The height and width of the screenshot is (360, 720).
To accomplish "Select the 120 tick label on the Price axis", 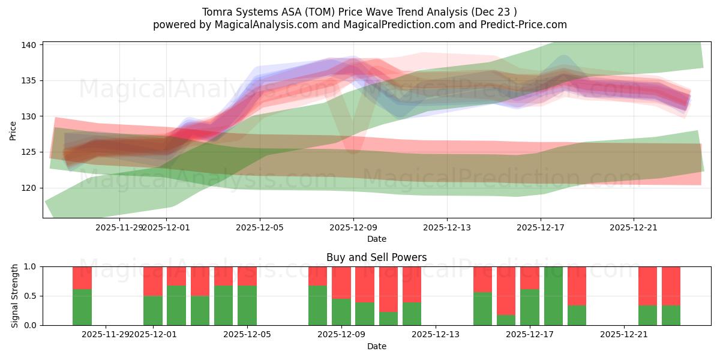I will [29, 188].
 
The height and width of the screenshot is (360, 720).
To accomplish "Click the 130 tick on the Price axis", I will [29, 116].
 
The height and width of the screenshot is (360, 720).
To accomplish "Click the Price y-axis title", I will [13, 130].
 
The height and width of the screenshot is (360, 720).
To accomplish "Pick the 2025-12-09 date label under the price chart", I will [353, 227].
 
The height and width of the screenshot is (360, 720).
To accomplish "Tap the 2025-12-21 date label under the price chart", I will [634, 227].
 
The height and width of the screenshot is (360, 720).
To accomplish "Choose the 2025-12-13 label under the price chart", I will [447, 227].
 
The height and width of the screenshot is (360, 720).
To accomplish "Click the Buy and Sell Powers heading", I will [376, 257].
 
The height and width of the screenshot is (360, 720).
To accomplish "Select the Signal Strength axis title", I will [15, 296].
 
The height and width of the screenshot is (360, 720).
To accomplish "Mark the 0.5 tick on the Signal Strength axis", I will [29, 296].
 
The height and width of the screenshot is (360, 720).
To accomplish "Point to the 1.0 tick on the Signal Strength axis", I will [29, 266].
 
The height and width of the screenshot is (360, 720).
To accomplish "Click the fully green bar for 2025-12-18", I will [553, 296].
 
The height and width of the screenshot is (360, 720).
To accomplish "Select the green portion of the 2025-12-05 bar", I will [247, 305].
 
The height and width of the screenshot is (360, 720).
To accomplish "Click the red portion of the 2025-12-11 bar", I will [388, 289].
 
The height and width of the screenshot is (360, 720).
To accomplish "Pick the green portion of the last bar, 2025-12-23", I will [671, 316].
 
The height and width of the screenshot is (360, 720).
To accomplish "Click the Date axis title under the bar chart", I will [376, 346].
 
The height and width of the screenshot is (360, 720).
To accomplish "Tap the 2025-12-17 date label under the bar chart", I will [530, 335].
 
